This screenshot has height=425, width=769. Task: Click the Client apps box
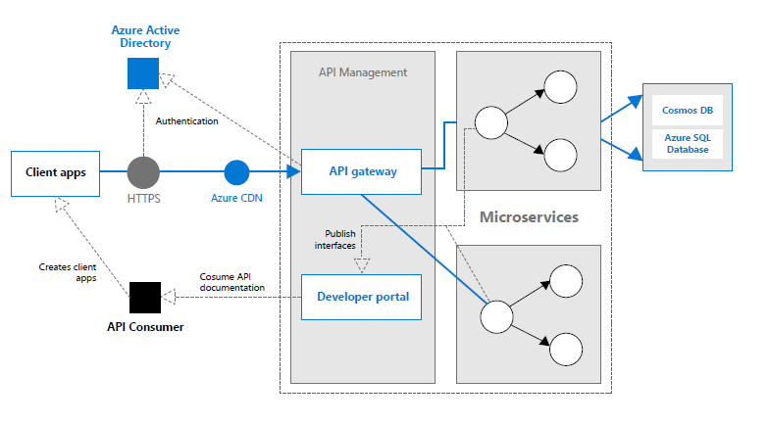pos(55,173)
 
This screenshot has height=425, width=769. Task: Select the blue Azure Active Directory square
pos(143,73)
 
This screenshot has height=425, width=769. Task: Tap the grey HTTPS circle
pos(143,172)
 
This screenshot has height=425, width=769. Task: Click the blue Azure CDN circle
pos(237,172)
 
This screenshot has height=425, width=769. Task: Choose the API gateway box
pos(361,172)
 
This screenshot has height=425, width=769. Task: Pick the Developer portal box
pos(361,298)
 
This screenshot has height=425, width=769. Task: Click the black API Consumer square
pos(145,298)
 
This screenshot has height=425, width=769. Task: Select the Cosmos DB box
pos(688,110)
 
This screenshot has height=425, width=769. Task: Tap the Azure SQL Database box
pos(688,144)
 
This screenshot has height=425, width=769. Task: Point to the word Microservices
pos(530,217)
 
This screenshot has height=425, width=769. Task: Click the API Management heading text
pos(363,72)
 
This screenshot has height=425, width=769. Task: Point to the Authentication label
pos(186,121)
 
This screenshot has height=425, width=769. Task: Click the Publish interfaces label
pos(335,239)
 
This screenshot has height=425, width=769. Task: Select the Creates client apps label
pos(68,272)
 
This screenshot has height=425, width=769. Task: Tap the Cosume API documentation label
pos(231,282)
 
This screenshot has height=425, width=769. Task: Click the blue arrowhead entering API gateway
pos(294,171)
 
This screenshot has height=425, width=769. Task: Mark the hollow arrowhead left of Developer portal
pos(169,297)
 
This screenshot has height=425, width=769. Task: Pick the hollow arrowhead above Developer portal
pos(362,265)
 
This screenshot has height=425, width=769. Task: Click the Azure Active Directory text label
pos(145,37)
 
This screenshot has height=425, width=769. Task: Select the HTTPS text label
pos(143,198)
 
